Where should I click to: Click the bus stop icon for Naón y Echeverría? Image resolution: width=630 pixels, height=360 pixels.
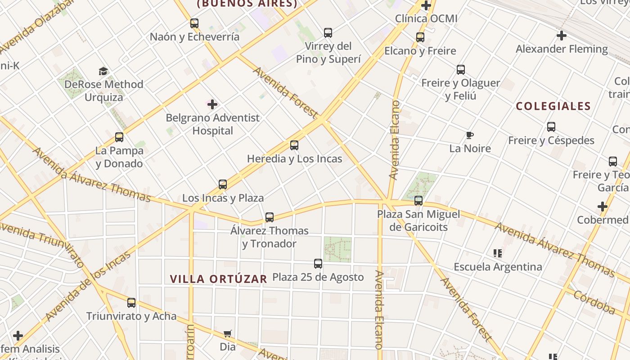pos(194,23)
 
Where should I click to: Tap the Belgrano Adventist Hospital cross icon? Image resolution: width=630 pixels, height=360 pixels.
pos(212,104)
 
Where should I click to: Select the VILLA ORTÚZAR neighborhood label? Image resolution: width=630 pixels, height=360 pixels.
pos(219,279)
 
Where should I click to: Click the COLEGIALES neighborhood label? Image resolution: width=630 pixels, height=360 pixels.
pos(553,106)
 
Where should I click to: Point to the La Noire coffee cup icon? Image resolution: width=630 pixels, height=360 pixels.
pos(470,135)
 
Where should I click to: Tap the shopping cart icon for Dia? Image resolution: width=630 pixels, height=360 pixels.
pos(228,334)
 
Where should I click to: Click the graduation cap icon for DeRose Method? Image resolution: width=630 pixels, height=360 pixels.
pos(103,71)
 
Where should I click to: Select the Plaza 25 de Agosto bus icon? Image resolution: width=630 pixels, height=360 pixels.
pos(318,264)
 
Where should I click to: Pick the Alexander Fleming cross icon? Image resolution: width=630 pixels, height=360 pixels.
pos(562,36)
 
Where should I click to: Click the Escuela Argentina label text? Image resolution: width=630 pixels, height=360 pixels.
pos(498,267)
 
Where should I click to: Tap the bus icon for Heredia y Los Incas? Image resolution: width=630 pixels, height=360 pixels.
pos(294,145)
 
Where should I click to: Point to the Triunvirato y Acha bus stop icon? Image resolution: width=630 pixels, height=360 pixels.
pos(131,303)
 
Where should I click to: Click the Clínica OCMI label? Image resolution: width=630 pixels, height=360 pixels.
pos(426,18)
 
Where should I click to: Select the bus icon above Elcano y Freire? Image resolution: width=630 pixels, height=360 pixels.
pos(420,37)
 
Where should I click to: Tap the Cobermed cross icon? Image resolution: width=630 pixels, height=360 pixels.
pos(603,207)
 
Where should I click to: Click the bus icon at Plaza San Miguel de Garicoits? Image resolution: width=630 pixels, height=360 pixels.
pos(418,201)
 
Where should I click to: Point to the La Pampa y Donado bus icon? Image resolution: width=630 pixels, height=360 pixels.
pos(119,137)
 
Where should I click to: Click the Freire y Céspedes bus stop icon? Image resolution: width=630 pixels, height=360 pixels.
pos(551,127)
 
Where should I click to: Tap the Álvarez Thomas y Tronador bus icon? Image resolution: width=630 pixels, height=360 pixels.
pos(270,217)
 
